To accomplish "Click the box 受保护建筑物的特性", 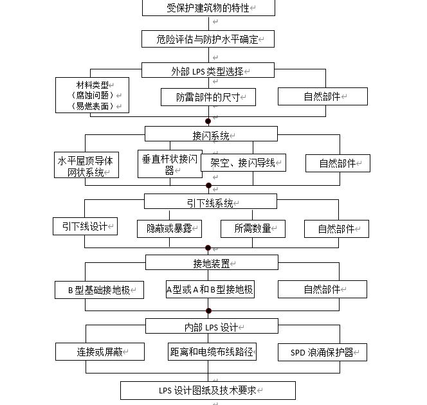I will click(x=208, y=8).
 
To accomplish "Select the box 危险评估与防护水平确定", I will click(x=208, y=39).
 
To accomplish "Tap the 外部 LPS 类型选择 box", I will click(x=208, y=71).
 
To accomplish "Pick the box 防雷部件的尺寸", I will click(x=208, y=97).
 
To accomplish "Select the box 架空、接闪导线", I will click(x=244, y=163).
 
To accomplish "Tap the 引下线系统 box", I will click(x=210, y=202).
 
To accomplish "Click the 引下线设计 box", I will click(x=86, y=226).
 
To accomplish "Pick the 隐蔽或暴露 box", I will click(x=170, y=228).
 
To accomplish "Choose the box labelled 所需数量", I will click(x=253, y=228).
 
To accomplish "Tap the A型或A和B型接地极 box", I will click(x=210, y=289).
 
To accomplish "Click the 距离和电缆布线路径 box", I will click(x=212, y=352).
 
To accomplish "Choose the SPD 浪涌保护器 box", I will click(x=322, y=352).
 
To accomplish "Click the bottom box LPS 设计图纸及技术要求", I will click(x=208, y=390).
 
